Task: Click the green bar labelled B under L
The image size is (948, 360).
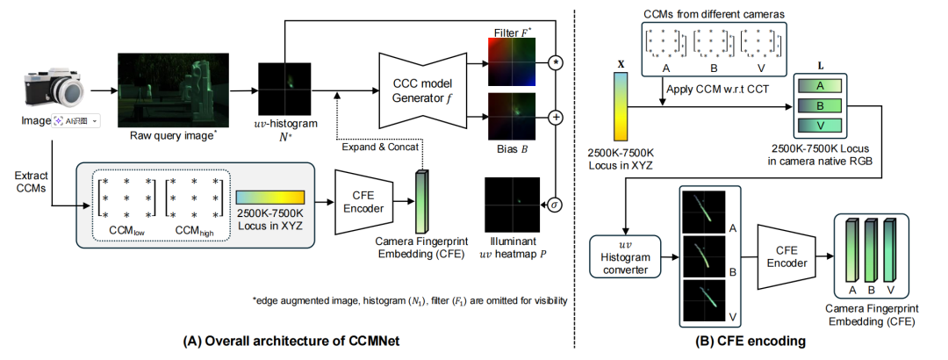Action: pos(819,106)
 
